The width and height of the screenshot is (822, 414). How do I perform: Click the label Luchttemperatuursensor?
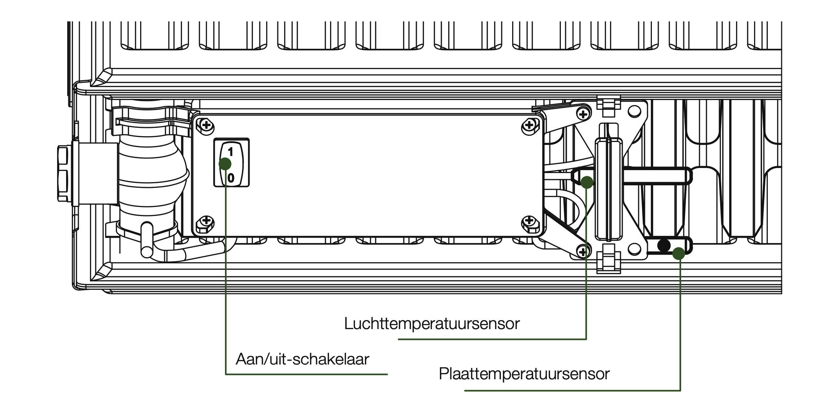[x=432, y=323]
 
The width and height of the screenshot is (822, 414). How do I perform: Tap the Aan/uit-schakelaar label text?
[x=302, y=359]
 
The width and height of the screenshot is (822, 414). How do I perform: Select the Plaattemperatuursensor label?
[x=524, y=374]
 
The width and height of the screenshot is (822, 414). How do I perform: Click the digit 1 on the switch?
[x=230, y=152]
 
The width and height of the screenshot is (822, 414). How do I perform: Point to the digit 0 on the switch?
[x=230, y=178]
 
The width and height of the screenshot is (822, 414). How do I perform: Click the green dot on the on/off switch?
[x=225, y=164]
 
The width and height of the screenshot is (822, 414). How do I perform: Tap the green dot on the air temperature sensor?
[x=587, y=182]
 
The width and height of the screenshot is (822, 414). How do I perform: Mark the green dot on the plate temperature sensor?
[x=679, y=253]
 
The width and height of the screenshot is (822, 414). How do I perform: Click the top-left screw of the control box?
[x=206, y=126]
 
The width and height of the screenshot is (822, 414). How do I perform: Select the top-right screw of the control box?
[x=529, y=125]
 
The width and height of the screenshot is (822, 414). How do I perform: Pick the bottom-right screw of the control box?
[x=529, y=221]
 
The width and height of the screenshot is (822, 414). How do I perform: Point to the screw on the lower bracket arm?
[x=583, y=251]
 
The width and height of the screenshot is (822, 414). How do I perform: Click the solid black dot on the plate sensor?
[x=664, y=246]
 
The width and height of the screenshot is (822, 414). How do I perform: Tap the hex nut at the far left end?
[x=65, y=174]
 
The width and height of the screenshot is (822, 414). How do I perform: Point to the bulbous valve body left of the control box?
[x=152, y=173]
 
